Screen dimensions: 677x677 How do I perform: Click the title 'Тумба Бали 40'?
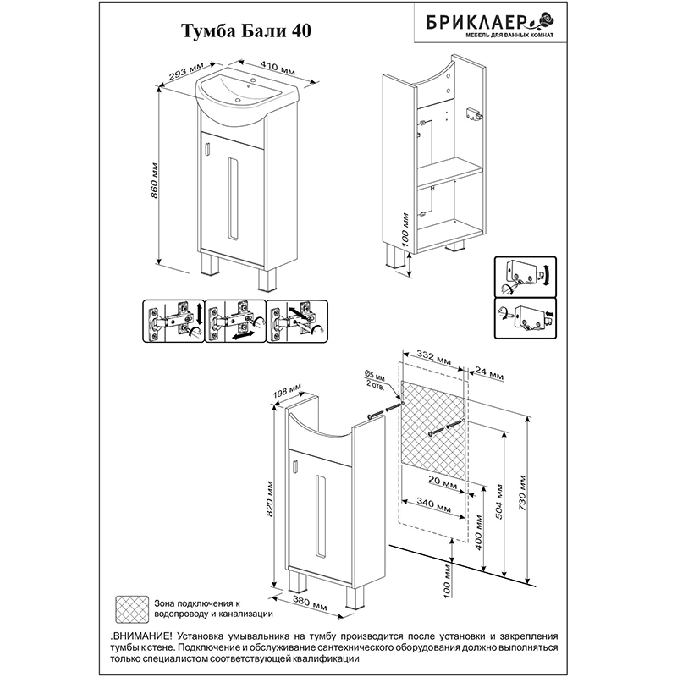[246, 32]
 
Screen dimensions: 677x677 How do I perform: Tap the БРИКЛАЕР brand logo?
[490, 25]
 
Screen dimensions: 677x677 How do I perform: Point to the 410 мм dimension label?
[278, 66]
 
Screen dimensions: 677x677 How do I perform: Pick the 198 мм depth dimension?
[288, 392]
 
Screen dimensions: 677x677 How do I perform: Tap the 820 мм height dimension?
[270, 499]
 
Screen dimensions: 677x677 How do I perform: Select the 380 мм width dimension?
[311, 603]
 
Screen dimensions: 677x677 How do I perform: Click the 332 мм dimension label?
[433, 356]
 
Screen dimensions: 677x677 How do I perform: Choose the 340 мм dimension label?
[433, 504]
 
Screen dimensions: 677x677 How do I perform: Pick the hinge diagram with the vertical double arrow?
[173, 322]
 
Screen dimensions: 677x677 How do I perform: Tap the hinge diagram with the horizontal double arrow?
[235, 322]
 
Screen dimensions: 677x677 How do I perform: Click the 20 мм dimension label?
[443, 482]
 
